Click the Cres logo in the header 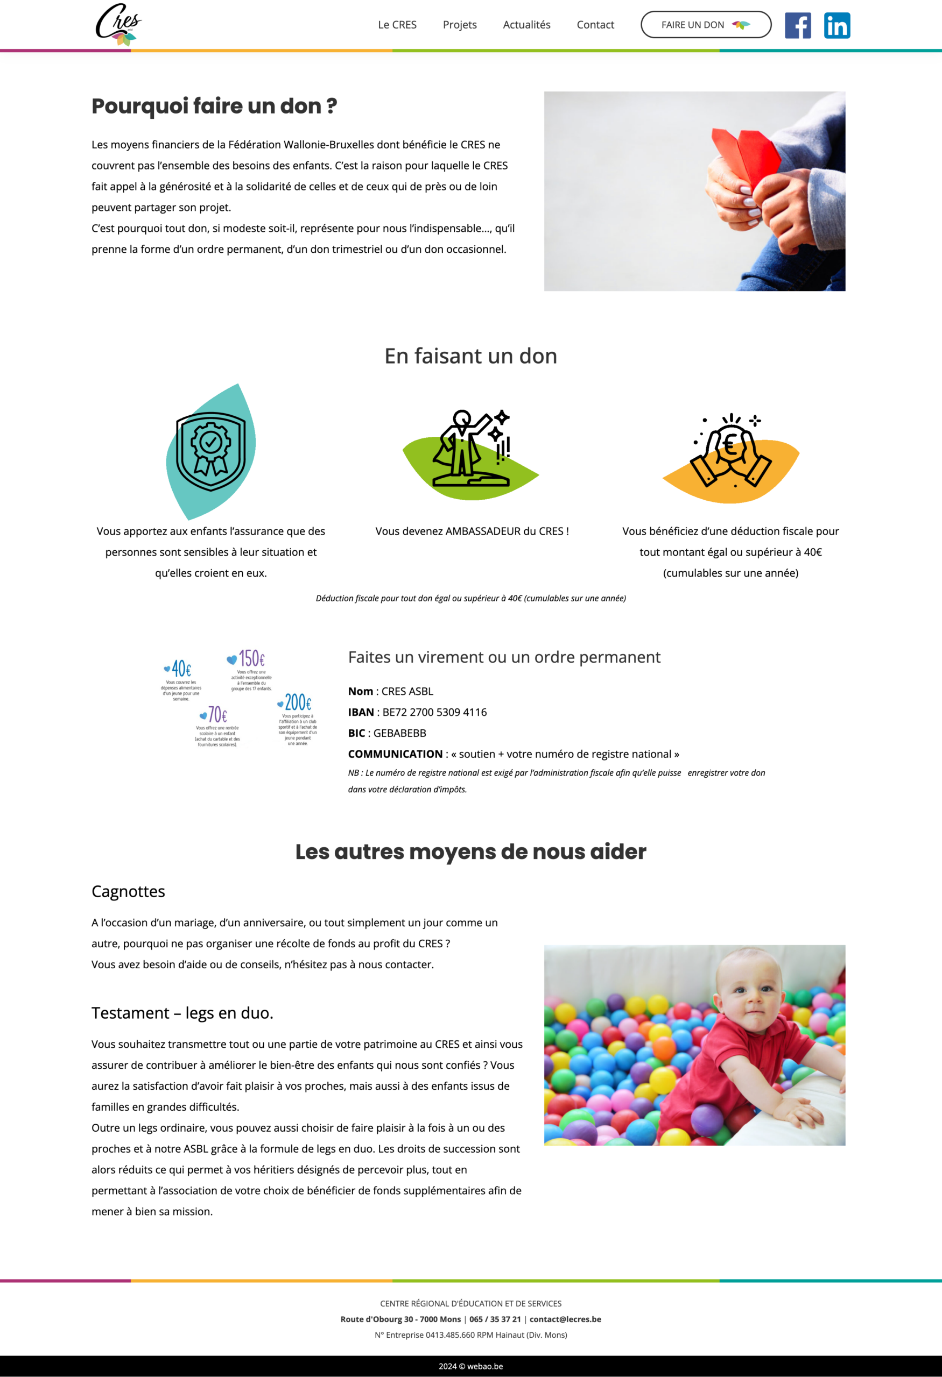pyautogui.click(x=118, y=24)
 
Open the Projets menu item pyautogui.click(x=460, y=25)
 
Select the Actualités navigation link pyautogui.click(x=526, y=25)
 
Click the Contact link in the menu pyautogui.click(x=595, y=25)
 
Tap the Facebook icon pyautogui.click(x=797, y=25)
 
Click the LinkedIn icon pyautogui.click(x=836, y=25)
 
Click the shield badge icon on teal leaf pyautogui.click(x=211, y=451)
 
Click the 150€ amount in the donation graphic pyautogui.click(x=251, y=658)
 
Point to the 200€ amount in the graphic pyautogui.click(x=298, y=702)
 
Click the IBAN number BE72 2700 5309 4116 pyautogui.click(x=434, y=712)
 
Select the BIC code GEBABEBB pyautogui.click(x=399, y=733)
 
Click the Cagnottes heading pyautogui.click(x=128, y=891)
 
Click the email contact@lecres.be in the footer pyautogui.click(x=565, y=1319)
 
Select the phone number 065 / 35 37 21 pyautogui.click(x=495, y=1319)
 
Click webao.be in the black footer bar pyautogui.click(x=485, y=1366)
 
